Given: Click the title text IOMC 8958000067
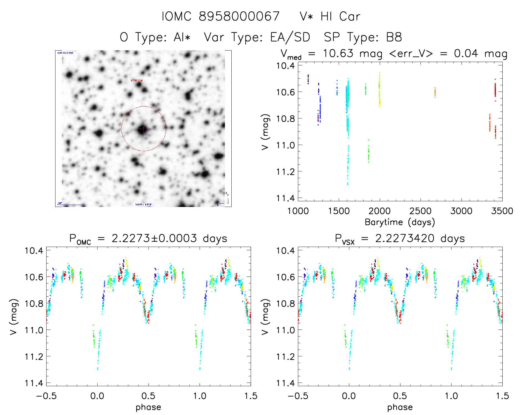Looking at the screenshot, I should (x=221, y=16).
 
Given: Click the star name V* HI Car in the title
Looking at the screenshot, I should (x=330, y=16).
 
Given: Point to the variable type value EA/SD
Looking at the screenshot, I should (x=290, y=37).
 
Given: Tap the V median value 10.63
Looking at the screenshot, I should (x=338, y=53).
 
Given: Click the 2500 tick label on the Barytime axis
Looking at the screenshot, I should (x=420, y=211).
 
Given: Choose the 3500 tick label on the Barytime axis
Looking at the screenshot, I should (x=502, y=211).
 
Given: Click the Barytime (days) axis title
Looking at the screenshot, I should (x=400, y=222).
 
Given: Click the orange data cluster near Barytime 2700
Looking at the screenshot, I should (x=435, y=92).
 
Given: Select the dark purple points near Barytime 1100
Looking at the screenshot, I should (x=308, y=79).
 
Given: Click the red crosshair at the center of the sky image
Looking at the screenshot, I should (x=144, y=128).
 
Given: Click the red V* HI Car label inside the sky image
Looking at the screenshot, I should (x=137, y=81).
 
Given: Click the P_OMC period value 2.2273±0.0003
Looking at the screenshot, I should (x=154, y=238).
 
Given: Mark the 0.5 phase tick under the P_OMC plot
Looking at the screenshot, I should (x=148, y=396).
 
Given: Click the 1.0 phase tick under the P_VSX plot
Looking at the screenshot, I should (x=451, y=396).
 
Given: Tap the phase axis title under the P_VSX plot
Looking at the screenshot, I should (x=400, y=407).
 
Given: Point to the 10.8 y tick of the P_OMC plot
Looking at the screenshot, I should (x=34, y=304).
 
